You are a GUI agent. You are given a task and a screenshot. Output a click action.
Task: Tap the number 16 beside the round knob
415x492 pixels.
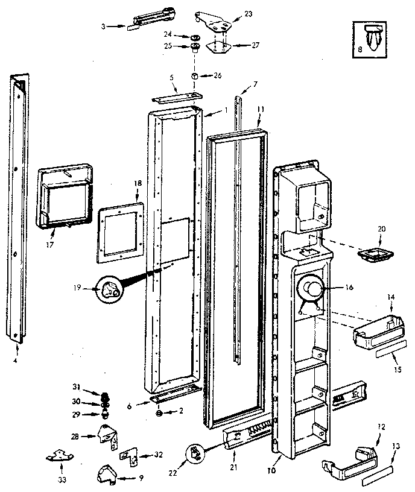coord(349,288)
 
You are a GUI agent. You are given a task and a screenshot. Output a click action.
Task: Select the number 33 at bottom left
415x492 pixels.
coord(62,480)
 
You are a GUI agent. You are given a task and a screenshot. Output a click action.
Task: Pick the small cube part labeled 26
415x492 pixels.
coord(195,77)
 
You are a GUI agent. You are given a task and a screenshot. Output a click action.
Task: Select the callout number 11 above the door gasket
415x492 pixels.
coord(261,109)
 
